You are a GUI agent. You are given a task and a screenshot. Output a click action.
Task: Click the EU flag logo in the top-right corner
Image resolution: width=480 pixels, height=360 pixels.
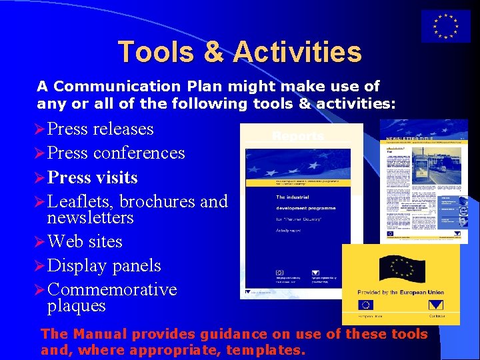pos(445,27)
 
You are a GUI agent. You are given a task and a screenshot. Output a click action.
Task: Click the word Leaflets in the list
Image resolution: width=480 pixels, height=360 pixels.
pos(81,201)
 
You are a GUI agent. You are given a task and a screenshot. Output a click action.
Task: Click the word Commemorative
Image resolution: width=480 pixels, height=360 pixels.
pos(113,289)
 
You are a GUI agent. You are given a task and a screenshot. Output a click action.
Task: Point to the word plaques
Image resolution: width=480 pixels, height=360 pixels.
pos(77,306)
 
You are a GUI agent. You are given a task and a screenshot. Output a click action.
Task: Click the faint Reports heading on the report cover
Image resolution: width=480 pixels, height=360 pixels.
pos(298,137)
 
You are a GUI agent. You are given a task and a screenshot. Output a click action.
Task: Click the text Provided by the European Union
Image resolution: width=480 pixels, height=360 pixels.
pos(401,293)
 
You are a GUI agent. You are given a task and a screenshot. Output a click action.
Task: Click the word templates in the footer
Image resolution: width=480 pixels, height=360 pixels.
pos(264,349)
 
